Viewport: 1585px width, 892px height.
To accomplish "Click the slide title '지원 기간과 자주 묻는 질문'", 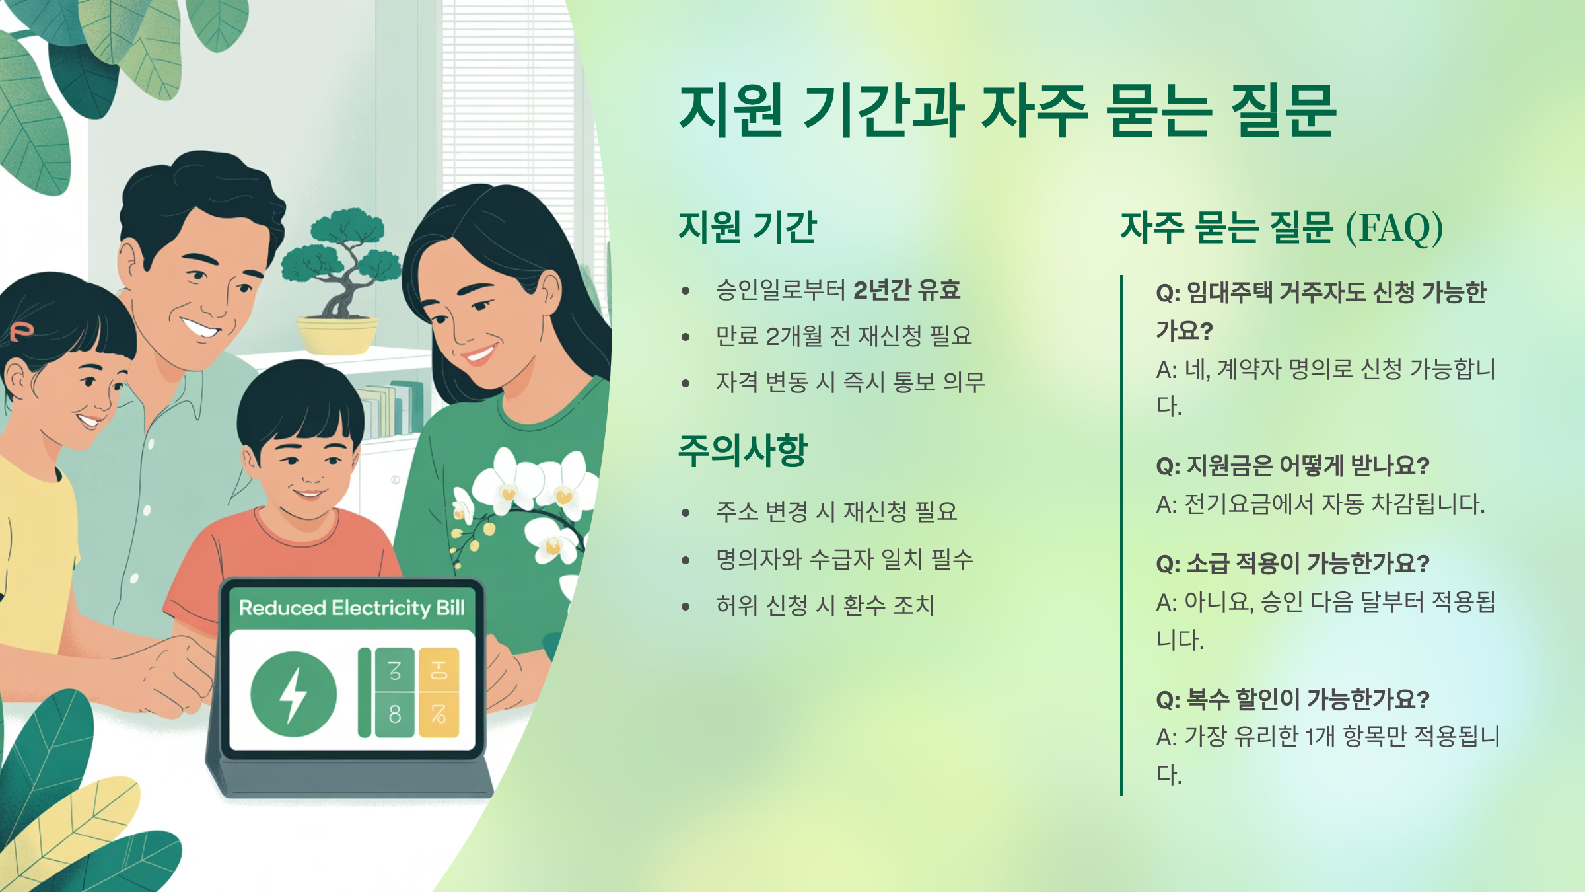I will tap(1007, 111).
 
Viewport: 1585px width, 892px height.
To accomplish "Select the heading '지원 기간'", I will tap(748, 227).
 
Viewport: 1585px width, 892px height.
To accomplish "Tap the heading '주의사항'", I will tap(743, 451).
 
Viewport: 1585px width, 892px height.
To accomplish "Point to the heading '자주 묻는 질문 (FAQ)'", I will tap(1281, 228).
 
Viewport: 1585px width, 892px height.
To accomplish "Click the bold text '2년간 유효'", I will tap(906, 290).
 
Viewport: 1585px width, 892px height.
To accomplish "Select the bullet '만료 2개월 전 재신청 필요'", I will tap(843, 336).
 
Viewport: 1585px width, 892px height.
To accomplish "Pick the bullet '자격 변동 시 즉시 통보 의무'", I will tap(850, 382).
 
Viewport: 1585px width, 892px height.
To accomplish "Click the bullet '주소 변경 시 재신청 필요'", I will tap(836, 511).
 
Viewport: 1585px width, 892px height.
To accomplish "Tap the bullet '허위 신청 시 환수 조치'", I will tap(825, 605).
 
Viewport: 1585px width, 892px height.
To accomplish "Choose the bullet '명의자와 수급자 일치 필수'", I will tap(844, 560).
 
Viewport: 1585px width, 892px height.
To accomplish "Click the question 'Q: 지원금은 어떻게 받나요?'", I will tap(1292, 466).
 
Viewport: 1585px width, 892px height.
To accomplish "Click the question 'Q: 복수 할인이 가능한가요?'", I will tap(1292, 699).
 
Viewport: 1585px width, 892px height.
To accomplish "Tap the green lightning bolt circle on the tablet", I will tap(294, 694).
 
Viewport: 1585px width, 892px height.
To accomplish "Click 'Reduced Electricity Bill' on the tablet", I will tap(351, 608).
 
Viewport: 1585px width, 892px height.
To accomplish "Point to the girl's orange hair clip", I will tap(21, 330).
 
